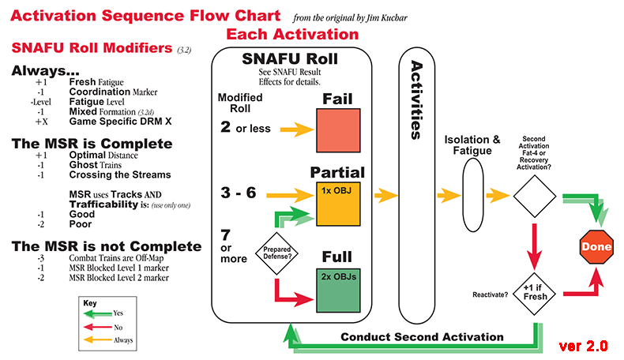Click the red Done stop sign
coord(596,247)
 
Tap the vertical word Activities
coord(418,102)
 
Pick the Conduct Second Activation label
coord(422,337)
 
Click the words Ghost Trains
coord(96,164)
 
